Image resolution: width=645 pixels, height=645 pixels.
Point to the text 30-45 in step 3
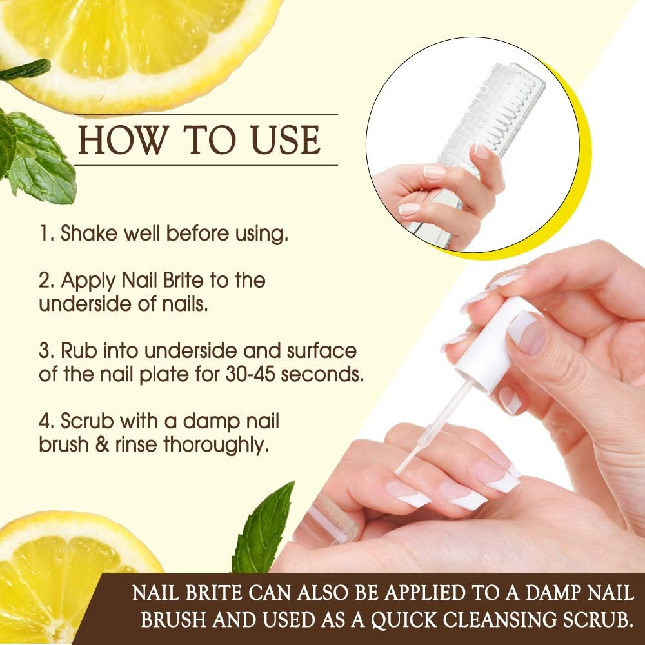pos(254,375)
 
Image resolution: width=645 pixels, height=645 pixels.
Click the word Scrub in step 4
pos(88,422)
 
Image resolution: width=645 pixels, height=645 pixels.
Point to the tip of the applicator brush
pos(401,470)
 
